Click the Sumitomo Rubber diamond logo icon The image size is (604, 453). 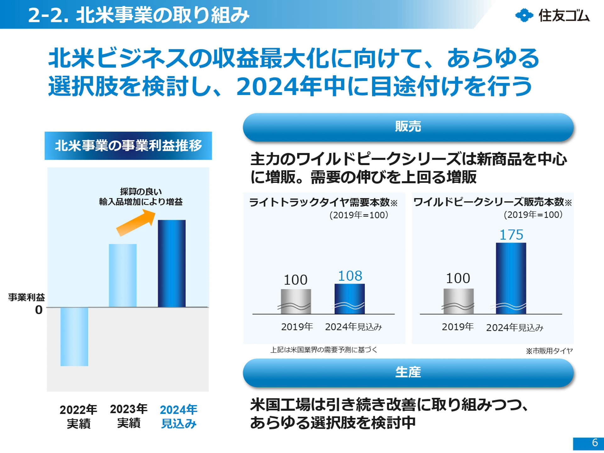(x=524, y=15)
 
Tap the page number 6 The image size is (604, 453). (x=594, y=443)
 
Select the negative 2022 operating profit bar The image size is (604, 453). (x=74, y=337)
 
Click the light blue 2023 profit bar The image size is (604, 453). (x=123, y=275)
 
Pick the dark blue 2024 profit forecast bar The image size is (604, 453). (x=171, y=263)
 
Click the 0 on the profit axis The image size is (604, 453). (x=39, y=310)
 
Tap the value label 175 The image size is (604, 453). (x=511, y=235)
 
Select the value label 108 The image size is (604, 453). (x=350, y=276)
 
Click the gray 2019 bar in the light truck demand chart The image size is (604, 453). (x=296, y=301)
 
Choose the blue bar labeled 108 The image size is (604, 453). (x=350, y=299)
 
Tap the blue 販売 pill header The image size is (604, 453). (x=408, y=127)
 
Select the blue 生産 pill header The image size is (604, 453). (x=408, y=372)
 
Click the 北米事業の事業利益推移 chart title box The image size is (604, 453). (x=128, y=146)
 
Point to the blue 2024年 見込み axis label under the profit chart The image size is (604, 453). (x=179, y=417)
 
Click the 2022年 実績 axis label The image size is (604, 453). (x=78, y=417)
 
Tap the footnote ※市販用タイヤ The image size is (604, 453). (x=549, y=351)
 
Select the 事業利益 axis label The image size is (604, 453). (x=26, y=297)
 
